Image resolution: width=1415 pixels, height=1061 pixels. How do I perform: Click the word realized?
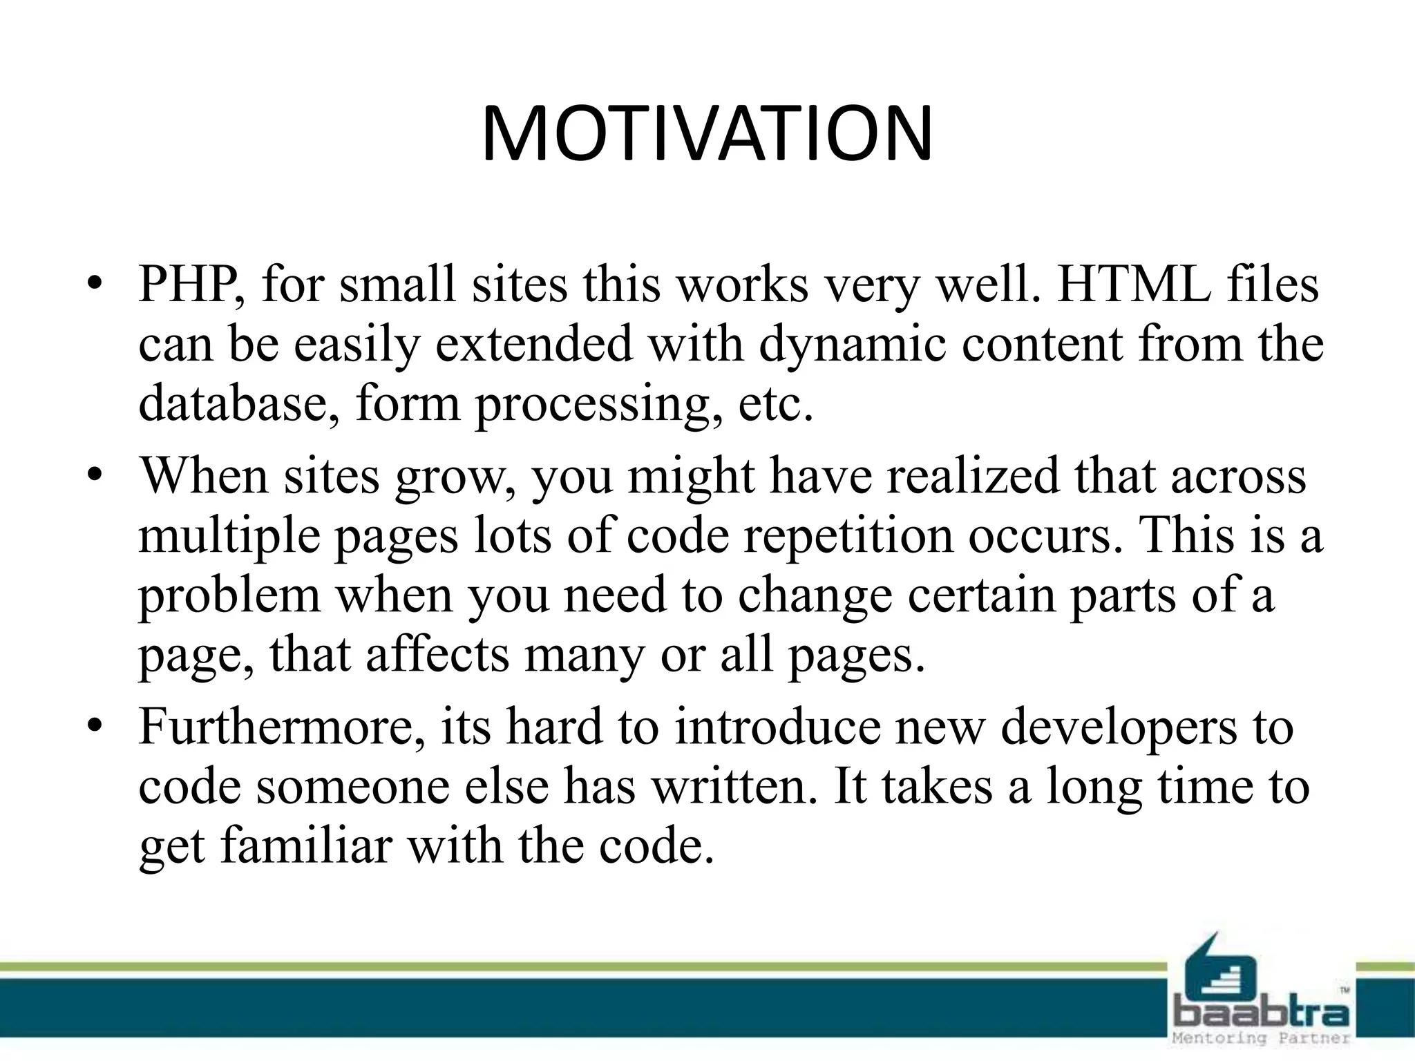[x=972, y=477]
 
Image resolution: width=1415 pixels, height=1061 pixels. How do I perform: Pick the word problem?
[x=229, y=595]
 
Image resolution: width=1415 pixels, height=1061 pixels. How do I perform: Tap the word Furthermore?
[x=281, y=727]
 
